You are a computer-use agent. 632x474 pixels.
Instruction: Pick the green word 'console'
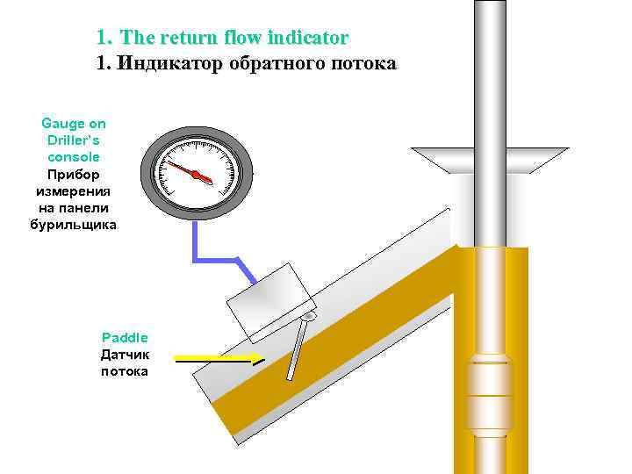pyautogui.click(x=74, y=156)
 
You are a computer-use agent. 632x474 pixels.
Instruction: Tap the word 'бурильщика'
pyautogui.click(x=74, y=224)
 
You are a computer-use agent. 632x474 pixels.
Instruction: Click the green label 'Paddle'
pyautogui.click(x=125, y=337)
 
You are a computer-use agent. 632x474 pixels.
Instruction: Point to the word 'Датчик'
pyautogui.click(x=125, y=355)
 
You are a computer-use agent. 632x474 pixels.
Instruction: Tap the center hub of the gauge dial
pyautogui.click(x=197, y=174)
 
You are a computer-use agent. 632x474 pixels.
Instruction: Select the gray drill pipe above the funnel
pyautogui.click(x=490, y=70)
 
